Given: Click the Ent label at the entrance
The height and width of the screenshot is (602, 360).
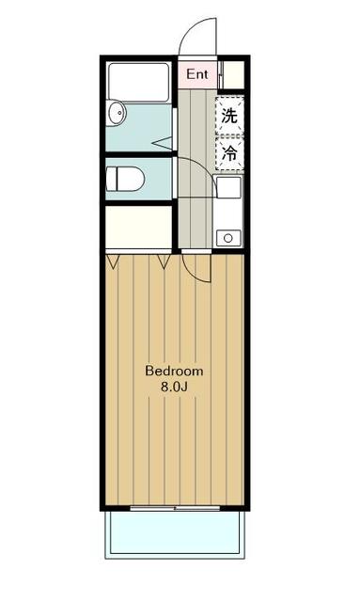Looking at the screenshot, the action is [x=196, y=74].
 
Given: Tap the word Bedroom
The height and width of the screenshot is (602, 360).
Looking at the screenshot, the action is [x=174, y=371].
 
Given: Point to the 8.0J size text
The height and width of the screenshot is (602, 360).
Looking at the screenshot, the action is [x=174, y=387].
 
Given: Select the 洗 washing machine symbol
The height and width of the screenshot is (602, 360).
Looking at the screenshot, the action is [x=229, y=115].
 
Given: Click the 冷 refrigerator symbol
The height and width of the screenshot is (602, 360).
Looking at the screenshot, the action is [x=229, y=152].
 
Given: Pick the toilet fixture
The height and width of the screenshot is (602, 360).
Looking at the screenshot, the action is [x=125, y=179].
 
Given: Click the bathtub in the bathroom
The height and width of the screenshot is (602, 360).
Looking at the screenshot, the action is [x=138, y=82].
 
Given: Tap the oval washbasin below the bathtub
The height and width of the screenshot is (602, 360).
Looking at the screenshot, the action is [x=117, y=113].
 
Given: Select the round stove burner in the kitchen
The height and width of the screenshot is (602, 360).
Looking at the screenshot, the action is [x=228, y=238].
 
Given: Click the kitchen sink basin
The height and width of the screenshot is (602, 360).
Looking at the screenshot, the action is [x=228, y=187].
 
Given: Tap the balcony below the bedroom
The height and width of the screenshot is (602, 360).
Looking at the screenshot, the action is [x=175, y=534].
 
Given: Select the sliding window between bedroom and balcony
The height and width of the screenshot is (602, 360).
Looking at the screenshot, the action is [x=175, y=508].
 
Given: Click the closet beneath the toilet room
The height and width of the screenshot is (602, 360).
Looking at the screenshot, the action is [x=138, y=228].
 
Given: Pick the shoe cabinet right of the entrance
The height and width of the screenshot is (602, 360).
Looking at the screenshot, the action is [x=233, y=75].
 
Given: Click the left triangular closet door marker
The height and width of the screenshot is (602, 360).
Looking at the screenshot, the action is [x=113, y=261].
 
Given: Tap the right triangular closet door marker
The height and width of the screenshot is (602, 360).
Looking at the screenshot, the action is [x=164, y=261].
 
